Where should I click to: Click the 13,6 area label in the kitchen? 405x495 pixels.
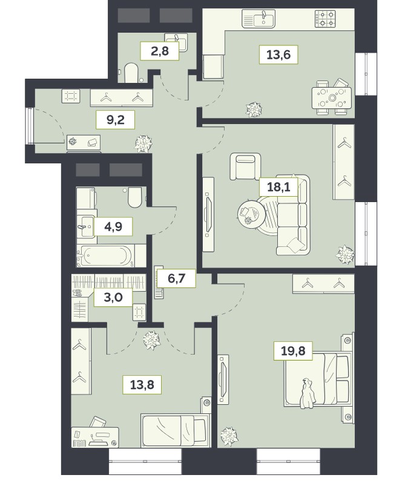pyautogui.click(x=278, y=54)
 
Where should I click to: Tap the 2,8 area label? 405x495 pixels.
pyautogui.click(x=160, y=50)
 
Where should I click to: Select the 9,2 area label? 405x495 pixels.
pyautogui.click(x=116, y=120)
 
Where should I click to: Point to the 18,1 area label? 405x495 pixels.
pyautogui.click(x=278, y=187)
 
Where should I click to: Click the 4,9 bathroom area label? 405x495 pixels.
pyautogui.click(x=113, y=226)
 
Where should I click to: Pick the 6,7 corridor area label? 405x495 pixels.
pyautogui.click(x=176, y=278)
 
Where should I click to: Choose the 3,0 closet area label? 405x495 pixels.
pyautogui.click(x=113, y=297)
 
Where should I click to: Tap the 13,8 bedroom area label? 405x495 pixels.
pyautogui.click(x=142, y=384)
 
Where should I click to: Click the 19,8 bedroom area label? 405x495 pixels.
pyautogui.click(x=293, y=350)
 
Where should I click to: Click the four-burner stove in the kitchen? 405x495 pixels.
pyautogui.click(x=325, y=18)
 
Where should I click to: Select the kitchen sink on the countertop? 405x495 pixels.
pyautogui.click(x=258, y=19)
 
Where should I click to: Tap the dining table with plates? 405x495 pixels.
pyautogui.click(x=331, y=98)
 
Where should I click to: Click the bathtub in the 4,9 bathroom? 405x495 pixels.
pyautogui.click(x=107, y=255)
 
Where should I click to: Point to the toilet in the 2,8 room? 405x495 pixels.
pyautogui.click(x=131, y=73)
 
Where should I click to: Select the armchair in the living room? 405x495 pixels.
pyautogui.click(x=245, y=166)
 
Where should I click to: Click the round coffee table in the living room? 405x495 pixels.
pyautogui.click(x=251, y=214)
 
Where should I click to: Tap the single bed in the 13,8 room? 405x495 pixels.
pyautogui.click(x=176, y=430)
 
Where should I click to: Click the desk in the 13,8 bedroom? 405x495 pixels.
pyautogui.click(x=95, y=438)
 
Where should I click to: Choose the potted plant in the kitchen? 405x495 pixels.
pyautogui.click(x=254, y=110)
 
